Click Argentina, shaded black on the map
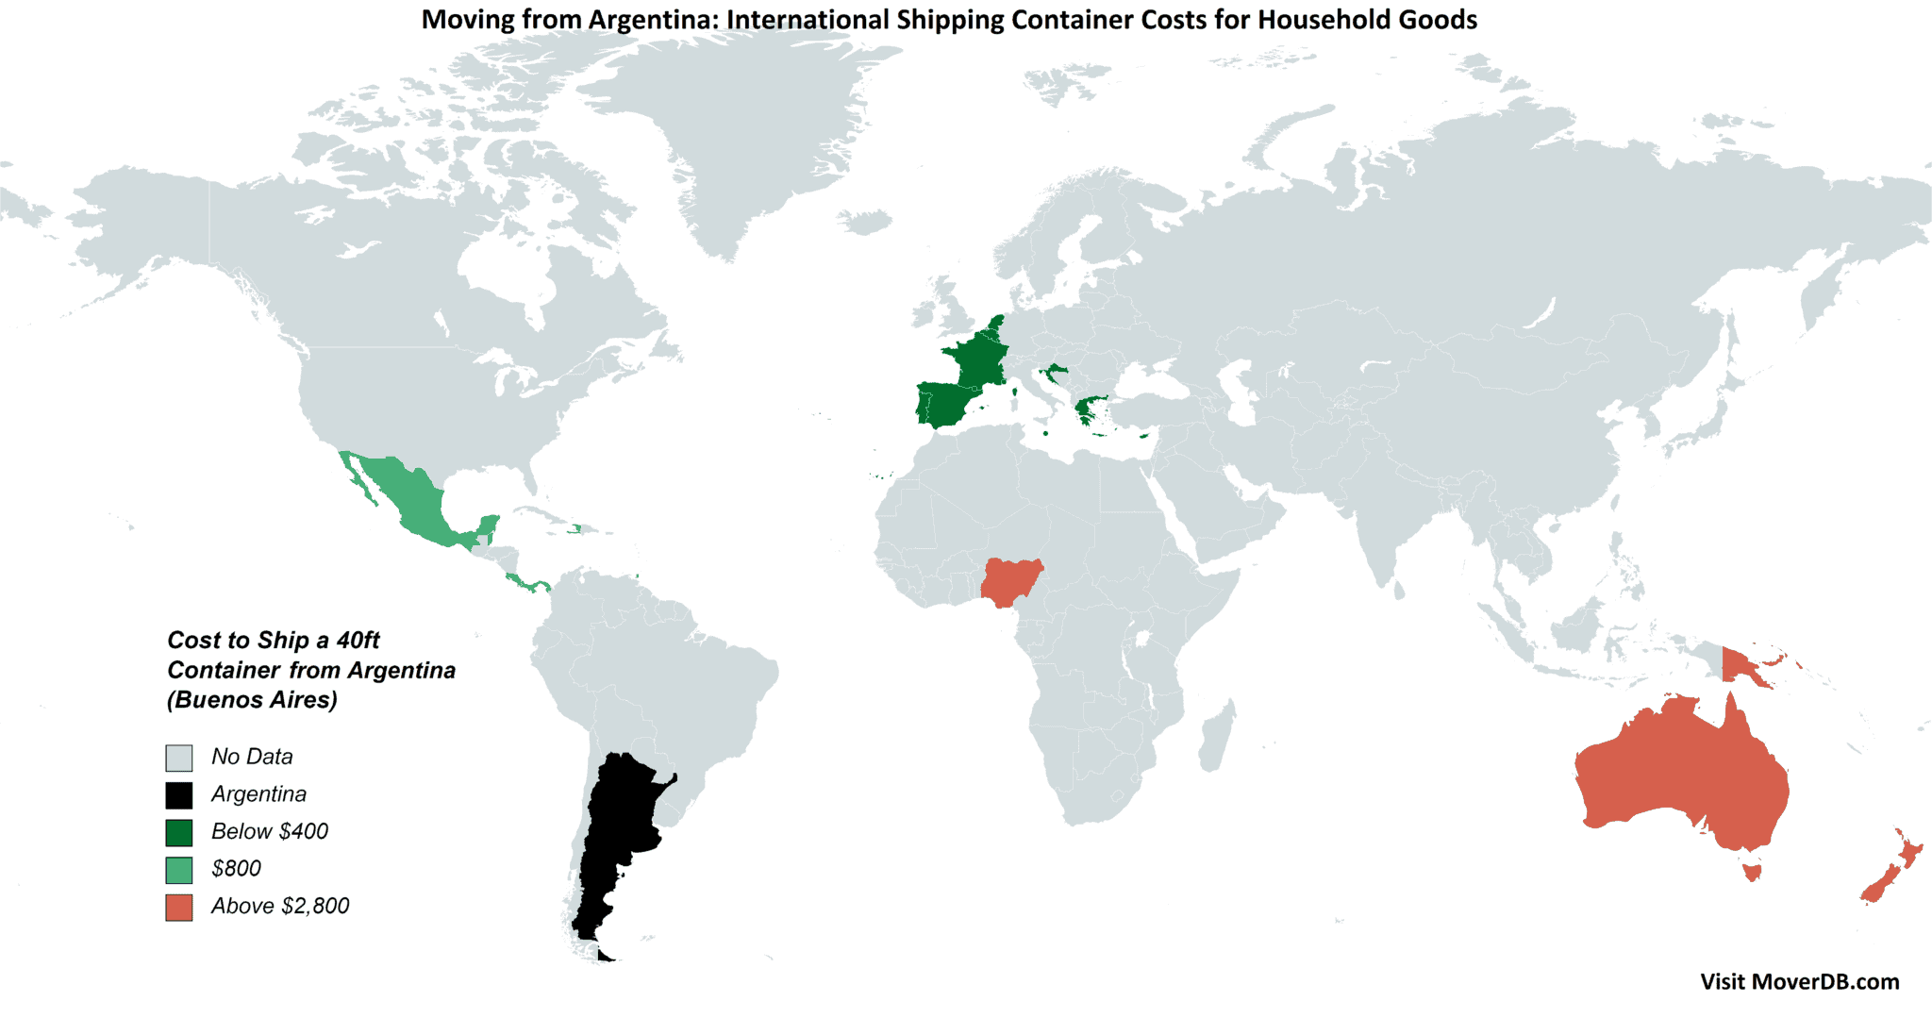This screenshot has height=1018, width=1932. click(x=618, y=830)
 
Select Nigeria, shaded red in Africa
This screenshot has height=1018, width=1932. click(x=1012, y=580)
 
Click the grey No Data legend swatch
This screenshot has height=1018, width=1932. click(x=179, y=758)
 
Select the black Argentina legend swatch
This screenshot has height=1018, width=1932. click(x=179, y=795)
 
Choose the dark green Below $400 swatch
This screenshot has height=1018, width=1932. click(x=179, y=832)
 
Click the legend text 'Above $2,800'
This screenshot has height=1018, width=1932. click(x=280, y=907)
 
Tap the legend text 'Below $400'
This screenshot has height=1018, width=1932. click(x=270, y=832)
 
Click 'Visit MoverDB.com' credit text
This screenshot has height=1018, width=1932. click(x=1799, y=982)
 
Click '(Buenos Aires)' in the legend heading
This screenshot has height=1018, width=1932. click(x=252, y=700)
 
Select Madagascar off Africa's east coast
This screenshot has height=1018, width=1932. click(x=1217, y=736)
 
